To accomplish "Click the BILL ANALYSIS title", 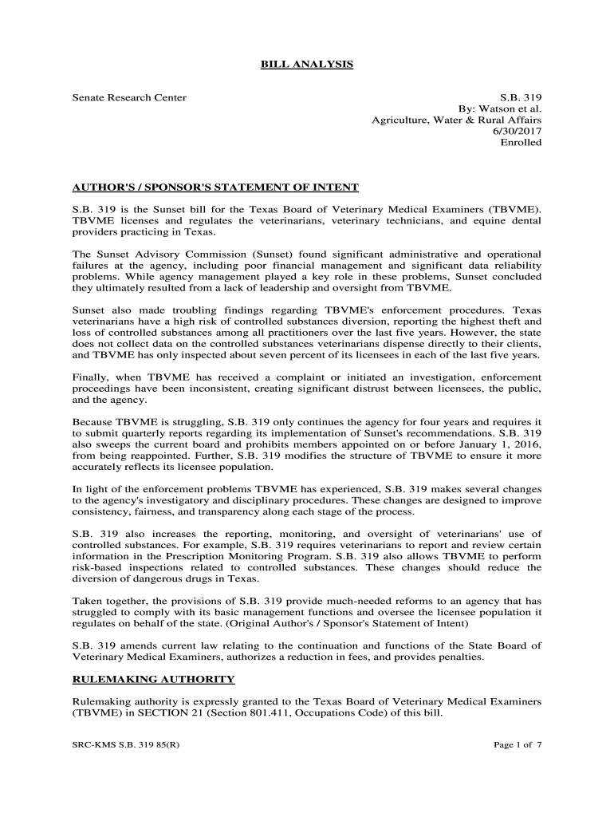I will click(x=307, y=64).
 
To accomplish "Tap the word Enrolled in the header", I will click(x=521, y=143).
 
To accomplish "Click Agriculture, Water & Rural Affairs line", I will click(x=457, y=120).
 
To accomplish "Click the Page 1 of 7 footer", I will click(x=518, y=745).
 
